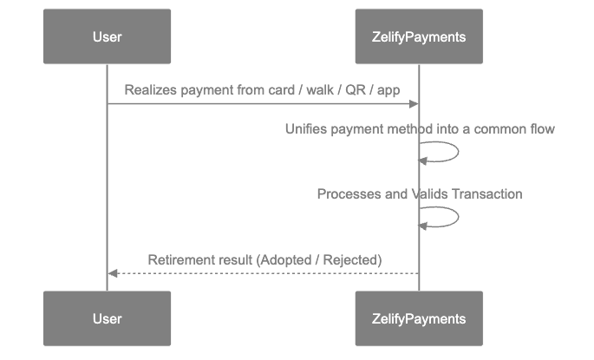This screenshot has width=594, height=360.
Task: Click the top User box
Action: point(107,36)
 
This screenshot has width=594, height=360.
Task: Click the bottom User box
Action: point(107,318)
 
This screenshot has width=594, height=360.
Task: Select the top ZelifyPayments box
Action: point(419,36)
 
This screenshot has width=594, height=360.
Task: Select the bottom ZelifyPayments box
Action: point(419,318)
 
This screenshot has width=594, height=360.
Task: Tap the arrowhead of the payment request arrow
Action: point(414,104)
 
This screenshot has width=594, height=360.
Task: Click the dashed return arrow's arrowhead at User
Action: point(112,273)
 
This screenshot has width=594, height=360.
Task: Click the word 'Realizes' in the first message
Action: point(151,89)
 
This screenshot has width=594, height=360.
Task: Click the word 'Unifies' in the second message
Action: point(306,128)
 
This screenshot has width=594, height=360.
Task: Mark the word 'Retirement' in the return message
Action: point(181,259)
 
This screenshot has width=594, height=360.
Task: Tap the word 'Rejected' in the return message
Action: point(352,259)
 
